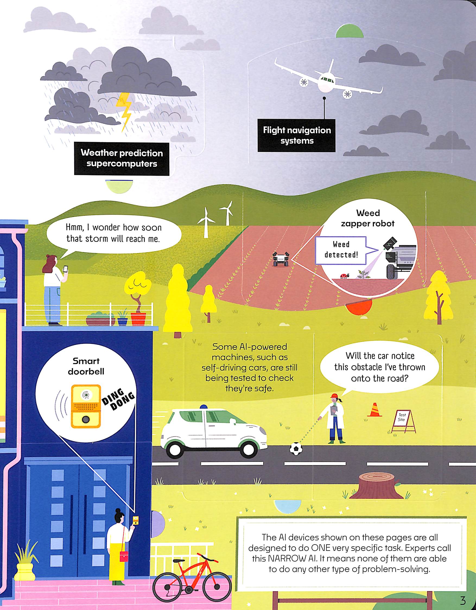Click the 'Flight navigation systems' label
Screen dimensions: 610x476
pos(296,136)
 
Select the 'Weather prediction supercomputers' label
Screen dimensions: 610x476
pos(122,158)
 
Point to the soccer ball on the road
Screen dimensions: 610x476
pos(296,448)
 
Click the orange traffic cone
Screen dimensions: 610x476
pos(375,410)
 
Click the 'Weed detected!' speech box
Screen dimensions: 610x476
pos(341,250)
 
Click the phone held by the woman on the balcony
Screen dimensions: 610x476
pos(66,269)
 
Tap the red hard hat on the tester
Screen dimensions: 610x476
pos(334,396)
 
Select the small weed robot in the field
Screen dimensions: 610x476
pos(281,259)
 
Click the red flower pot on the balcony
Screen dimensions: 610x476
pos(138,318)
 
